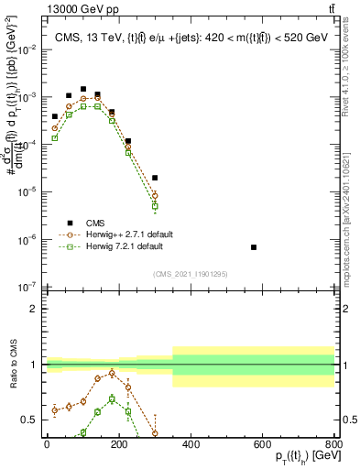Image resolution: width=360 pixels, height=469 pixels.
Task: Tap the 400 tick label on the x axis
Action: point(191,443)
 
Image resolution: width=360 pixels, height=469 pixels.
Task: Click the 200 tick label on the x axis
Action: point(119,443)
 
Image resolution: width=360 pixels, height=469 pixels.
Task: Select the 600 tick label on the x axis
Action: point(262,443)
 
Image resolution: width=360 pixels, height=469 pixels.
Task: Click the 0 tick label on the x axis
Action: point(47,443)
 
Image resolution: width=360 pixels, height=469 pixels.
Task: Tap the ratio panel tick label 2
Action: point(33,309)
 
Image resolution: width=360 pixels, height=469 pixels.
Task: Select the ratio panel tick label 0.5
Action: point(29,420)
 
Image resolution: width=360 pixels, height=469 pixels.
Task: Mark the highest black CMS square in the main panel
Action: point(83,90)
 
